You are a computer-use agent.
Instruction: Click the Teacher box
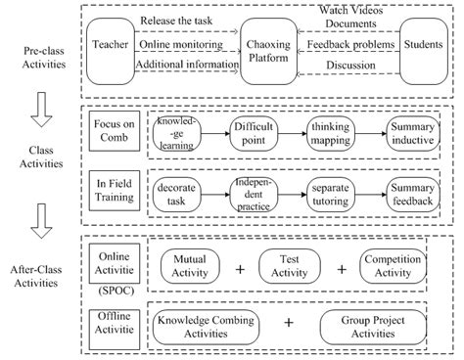tap(109, 44)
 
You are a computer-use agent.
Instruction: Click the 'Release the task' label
tap(177, 21)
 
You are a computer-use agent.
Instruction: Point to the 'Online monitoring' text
tap(177, 43)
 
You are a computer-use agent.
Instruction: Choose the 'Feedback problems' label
tap(348, 44)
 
